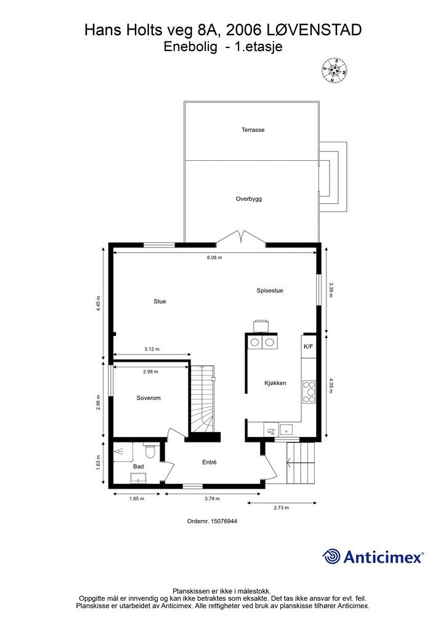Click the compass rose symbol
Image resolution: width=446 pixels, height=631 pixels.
pos(334,70)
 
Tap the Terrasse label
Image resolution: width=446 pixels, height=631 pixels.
pos(253,130)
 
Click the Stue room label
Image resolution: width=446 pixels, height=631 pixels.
pos(160,301)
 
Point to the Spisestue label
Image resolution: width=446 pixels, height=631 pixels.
pos(270,290)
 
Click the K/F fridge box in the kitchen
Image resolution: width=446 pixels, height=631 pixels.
pos(308,347)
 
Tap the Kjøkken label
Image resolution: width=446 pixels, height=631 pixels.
pos(275,383)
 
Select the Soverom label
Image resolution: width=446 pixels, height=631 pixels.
pos(148,398)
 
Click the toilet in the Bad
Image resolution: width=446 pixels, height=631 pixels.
pos(153,450)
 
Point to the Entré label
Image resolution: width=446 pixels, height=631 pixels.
pos(209,462)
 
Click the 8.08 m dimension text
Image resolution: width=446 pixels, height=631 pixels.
pos(215,258)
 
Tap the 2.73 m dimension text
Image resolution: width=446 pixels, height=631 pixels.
pos(281,508)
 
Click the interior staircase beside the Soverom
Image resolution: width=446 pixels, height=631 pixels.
pos(202,400)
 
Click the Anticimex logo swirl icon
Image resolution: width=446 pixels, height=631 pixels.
pos(331,556)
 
